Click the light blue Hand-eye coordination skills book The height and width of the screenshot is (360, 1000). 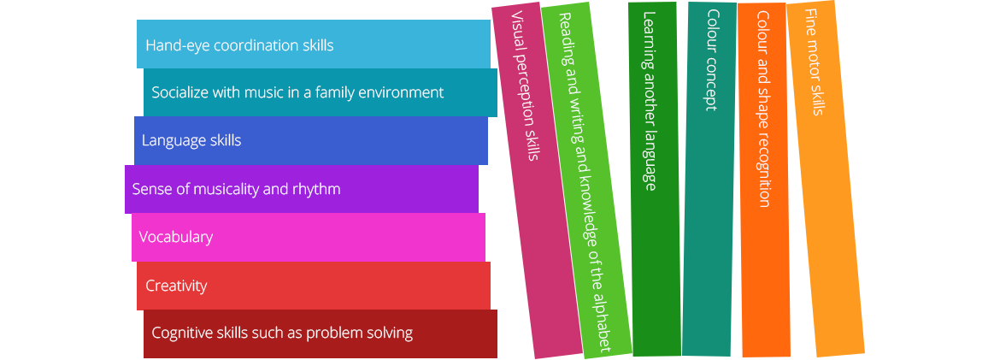[313, 44]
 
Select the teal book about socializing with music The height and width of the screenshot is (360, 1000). [321, 92]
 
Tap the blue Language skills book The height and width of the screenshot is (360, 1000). [310, 140]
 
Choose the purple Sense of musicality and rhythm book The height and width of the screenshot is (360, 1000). [302, 189]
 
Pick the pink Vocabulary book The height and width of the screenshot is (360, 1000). [309, 238]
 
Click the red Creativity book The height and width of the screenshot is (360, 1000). [313, 286]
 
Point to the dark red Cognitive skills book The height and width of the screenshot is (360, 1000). [321, 333]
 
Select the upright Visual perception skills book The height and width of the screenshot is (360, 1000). [537, 180]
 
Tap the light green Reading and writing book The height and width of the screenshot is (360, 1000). [586, 180]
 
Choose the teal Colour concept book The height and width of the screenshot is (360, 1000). [709, 179]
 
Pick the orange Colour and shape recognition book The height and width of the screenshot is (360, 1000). [764, 180]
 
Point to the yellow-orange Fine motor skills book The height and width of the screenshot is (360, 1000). [826, 179]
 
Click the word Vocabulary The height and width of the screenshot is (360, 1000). [175, 237]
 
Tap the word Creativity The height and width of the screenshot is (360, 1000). [176, 286]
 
